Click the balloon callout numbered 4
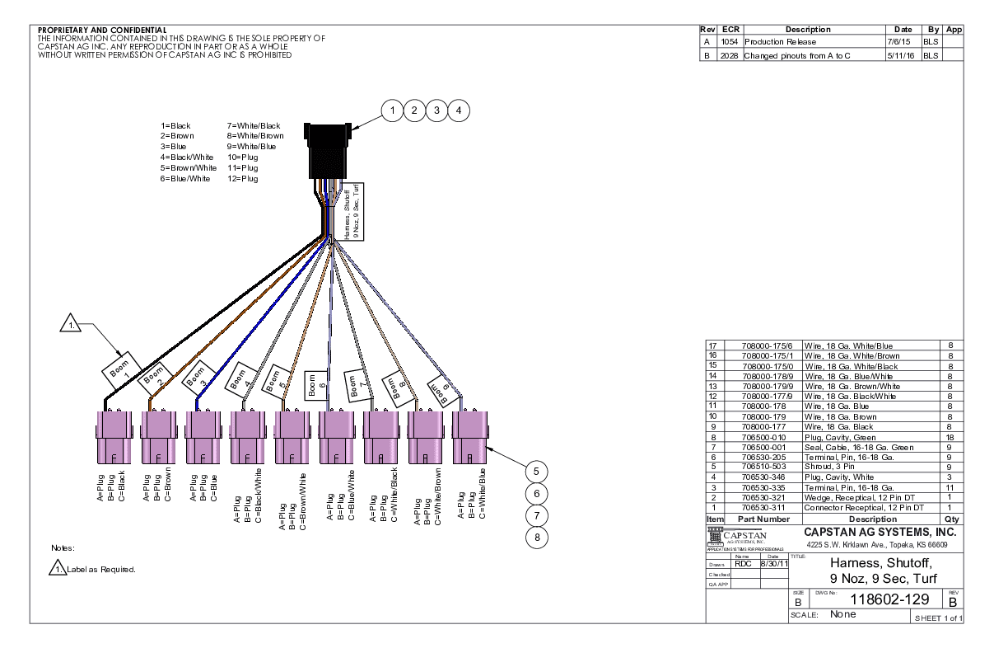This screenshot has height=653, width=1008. (x=459, y=110)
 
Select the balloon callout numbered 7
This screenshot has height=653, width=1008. (x=536, y=515)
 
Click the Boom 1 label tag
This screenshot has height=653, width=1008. (x=122, y=372)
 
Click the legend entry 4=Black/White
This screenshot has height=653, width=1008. (x=187, y=157)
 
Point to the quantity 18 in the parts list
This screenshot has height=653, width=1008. (x=950, y=437)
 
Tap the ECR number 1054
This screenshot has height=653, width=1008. (x=729, y=41)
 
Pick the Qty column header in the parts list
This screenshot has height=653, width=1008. (x=951, y=519)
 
